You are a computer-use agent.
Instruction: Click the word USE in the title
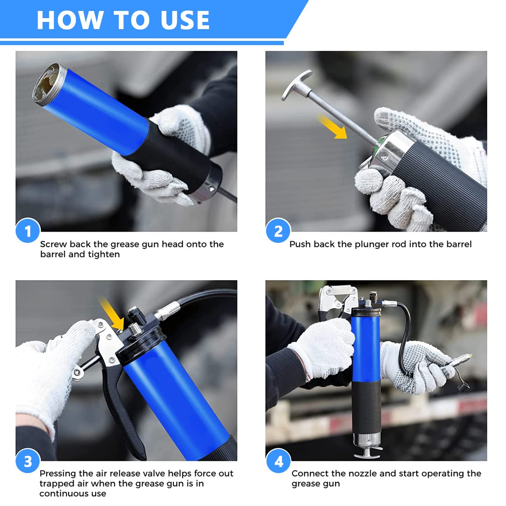pos(185,20)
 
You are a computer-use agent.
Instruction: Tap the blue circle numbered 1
pos(28,231)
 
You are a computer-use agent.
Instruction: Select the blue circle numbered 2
pos(278,231)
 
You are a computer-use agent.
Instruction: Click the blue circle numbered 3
pos(28,461)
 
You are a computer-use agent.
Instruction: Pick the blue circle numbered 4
pos(278,461)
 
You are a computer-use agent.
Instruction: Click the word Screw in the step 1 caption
pos(53,244)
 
